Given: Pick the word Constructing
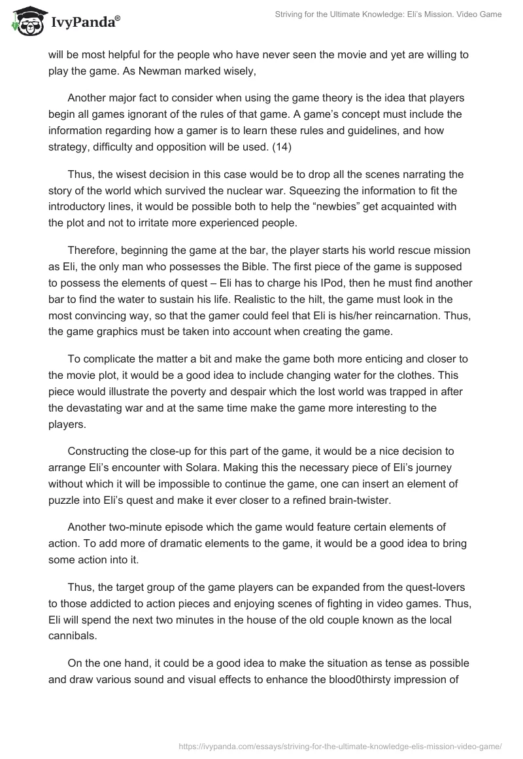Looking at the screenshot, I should (99, 451).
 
